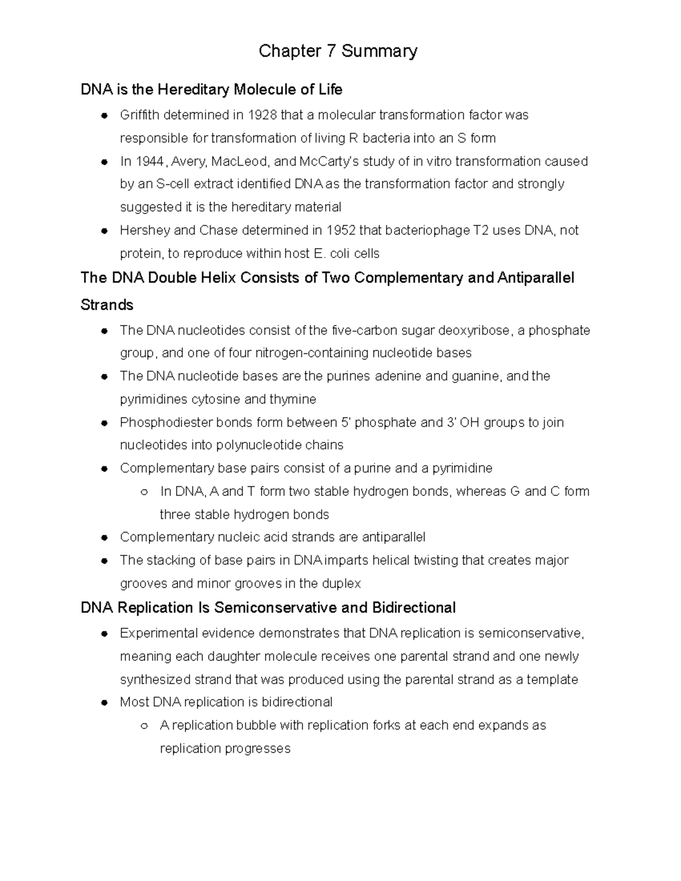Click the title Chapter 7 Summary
click(x=338, y=51)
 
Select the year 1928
click(x=262, y=115)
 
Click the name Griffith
click(x=140, y=115)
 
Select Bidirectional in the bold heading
click(x=414, y=608)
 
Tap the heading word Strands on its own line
click(x=107, y=305)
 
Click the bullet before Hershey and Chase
click(x=104, y=231)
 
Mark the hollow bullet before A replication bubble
click(x=144, y=726)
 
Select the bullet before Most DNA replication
click(x=104, y=703)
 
